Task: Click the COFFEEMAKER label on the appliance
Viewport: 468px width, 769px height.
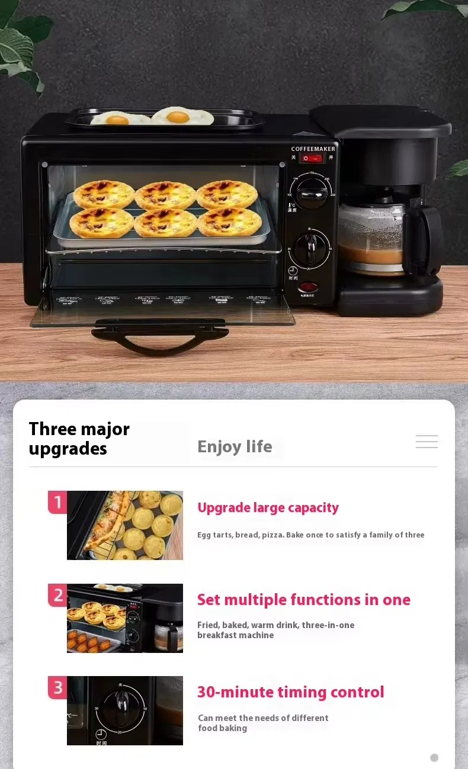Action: coord(313,149)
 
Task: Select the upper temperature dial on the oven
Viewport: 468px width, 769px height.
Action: coord(310,191)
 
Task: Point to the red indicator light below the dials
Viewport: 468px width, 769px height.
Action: coord(309,288)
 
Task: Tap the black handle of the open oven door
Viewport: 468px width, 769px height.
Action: coord(159,337)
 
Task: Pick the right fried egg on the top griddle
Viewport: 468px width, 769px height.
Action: coord(182,116)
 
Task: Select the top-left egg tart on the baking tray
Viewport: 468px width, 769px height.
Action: coord(104,194)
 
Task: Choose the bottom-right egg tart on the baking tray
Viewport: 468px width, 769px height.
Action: coord(229,221)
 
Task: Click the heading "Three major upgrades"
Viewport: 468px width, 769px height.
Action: coord(79,439)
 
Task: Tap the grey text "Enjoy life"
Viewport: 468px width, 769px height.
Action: coord(235,446)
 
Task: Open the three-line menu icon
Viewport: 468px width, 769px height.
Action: coord(427,442)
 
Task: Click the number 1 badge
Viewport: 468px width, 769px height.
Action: coord(57,503)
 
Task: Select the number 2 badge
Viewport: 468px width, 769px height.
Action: coord(57,595)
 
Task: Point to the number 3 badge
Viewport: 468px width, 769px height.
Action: coord(57,687)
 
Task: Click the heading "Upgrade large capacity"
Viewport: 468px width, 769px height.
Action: coord(268,507)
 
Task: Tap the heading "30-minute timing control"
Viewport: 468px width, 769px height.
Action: coord(290,692)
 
